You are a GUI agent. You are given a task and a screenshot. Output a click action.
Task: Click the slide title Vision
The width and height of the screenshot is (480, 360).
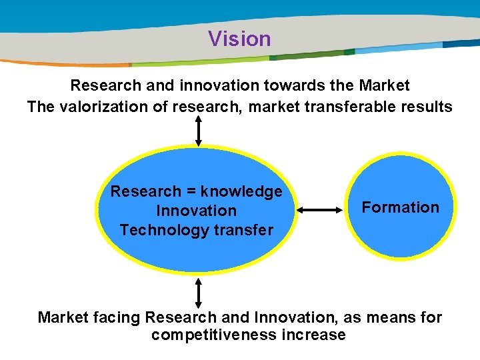pos(239,39)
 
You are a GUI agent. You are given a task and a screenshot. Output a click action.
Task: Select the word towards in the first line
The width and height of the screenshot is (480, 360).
pos(301,86)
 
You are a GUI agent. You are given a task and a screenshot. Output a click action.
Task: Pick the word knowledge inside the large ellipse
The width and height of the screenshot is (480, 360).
pos(242,192)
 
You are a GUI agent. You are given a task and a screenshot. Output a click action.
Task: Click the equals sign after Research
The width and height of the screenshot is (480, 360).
pos(191,192)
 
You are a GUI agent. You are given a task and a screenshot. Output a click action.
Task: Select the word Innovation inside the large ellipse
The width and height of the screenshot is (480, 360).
pos(196,211)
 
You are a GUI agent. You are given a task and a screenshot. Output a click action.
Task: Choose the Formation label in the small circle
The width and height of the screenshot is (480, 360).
pos(400,207)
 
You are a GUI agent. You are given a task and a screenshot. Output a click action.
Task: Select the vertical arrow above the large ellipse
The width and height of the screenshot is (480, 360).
pos(198,131)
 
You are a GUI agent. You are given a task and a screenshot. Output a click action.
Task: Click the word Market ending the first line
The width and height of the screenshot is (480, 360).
pos(384,86)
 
